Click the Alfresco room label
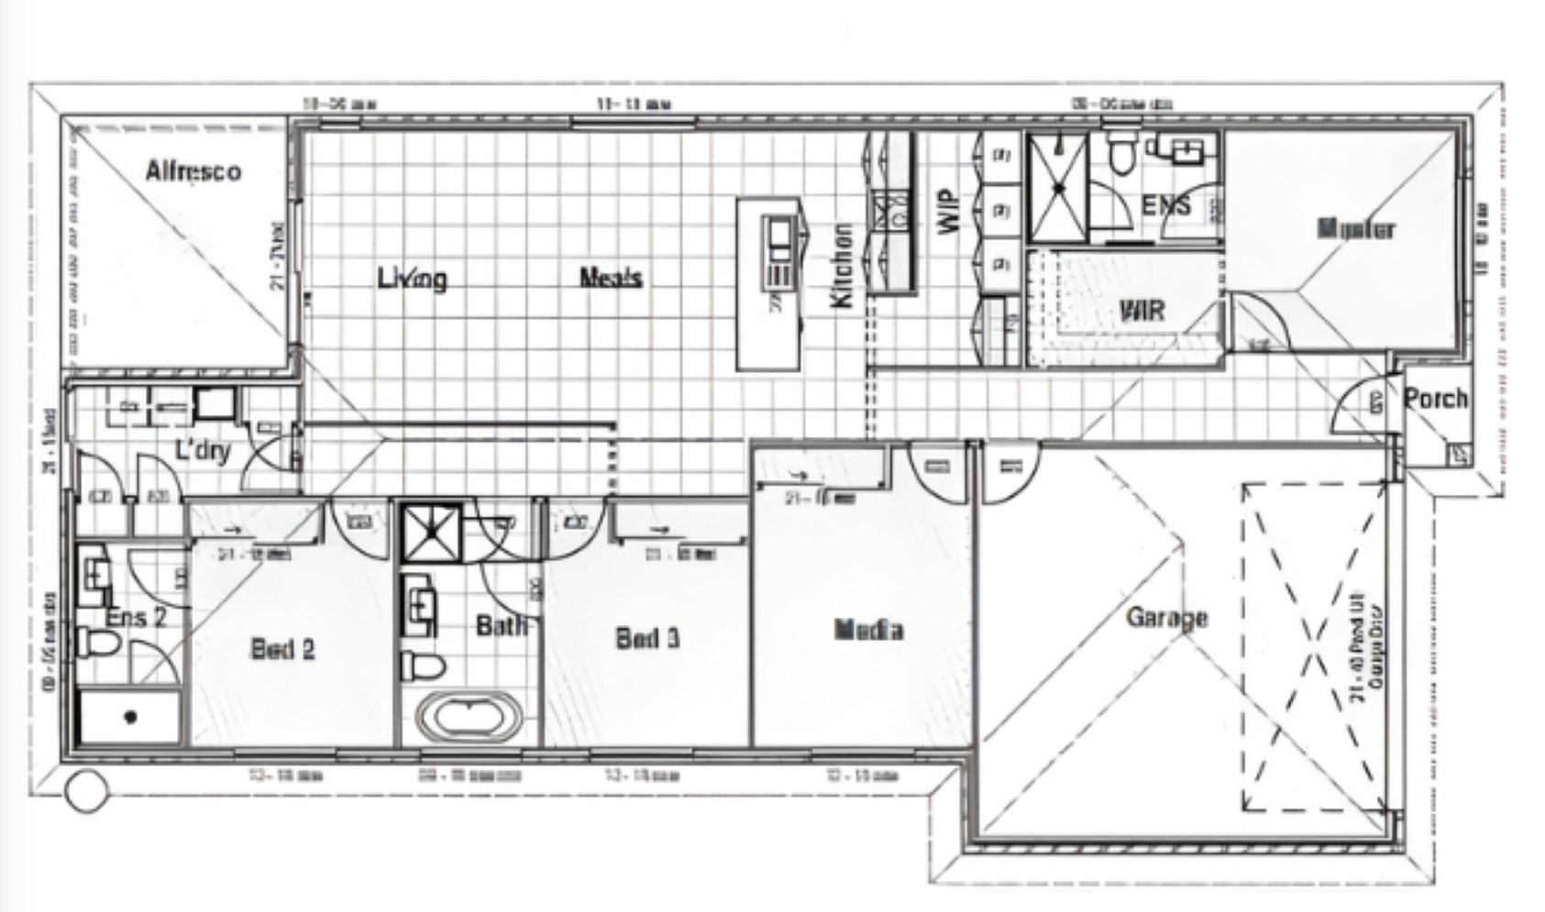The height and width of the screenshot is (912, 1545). point(193,171)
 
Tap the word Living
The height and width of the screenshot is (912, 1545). point(413,278)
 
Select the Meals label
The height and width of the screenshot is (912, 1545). point(611,278)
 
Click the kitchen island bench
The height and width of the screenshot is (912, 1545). point(768,285)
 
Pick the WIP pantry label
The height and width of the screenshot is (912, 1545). point(949,212)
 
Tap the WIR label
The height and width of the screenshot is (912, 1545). point(1142,311)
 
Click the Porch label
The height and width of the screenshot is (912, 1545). point(1435,399)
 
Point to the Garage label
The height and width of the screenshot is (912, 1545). point(1166,618)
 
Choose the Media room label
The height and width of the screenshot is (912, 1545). point(868,630)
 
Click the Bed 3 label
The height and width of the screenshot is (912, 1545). point(647,638)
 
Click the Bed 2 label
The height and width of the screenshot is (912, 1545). point(283,649)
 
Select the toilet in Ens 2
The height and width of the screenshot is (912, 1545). point(96,643)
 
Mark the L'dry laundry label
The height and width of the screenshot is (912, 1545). point(204,450)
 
